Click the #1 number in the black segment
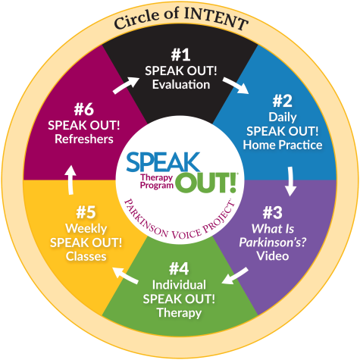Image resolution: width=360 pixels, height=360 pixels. click(x=180, y=55)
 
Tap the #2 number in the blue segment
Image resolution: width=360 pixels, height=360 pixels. click(x=283, y=101)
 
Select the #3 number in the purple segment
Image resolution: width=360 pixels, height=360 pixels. click(x=272, y=213)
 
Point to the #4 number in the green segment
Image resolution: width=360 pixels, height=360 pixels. click(x=179, y=269)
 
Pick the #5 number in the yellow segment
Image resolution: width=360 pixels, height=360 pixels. click(x=86, y=212)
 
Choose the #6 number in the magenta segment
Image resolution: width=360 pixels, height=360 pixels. click(x=84, y=109)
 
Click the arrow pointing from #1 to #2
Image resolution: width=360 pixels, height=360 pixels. click(x=236, y=86)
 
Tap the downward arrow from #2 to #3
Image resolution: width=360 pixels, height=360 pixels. click(x=290, y=181)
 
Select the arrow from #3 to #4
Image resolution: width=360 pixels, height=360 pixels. click(x=235, y=276)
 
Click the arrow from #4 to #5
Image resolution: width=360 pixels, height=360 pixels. click(x=125, y=276)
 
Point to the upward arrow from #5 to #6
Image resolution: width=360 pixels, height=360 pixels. click(x=70, y=180)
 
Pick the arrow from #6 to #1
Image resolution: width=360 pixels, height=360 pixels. click(x=126, y=86)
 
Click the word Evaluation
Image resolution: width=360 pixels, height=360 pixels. click(x=181, y=84)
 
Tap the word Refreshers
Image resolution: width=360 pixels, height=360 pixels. click(x=84, y=139)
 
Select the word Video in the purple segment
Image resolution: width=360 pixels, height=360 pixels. click(x=273, y=256)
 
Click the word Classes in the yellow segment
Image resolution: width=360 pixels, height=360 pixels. click(x=86, y=256)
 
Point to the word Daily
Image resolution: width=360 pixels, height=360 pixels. click(x=283, y=117)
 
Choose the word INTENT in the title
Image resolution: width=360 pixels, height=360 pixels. click(x=216, y=18)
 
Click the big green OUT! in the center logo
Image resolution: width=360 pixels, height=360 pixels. click(x=206, y=183)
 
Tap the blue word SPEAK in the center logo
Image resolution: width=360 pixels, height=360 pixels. click(x=163, y=162)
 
